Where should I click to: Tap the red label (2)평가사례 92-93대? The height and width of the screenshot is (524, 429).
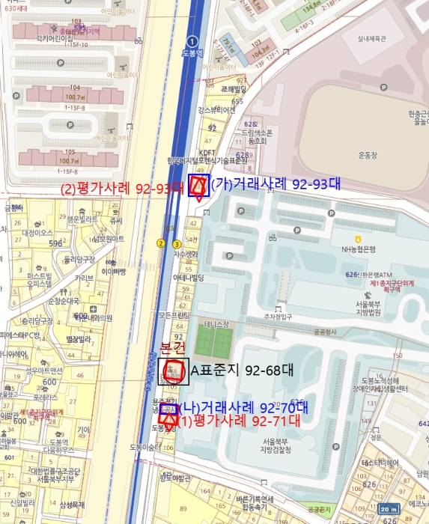[x=121, y=189]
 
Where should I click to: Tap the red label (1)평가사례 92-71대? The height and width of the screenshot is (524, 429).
[x=237, y=421]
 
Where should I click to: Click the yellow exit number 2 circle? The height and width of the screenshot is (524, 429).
[x=160, y=243]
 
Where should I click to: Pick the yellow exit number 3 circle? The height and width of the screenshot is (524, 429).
[x=177, y=244]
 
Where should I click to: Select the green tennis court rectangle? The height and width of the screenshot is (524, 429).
[x=214, y=343]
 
